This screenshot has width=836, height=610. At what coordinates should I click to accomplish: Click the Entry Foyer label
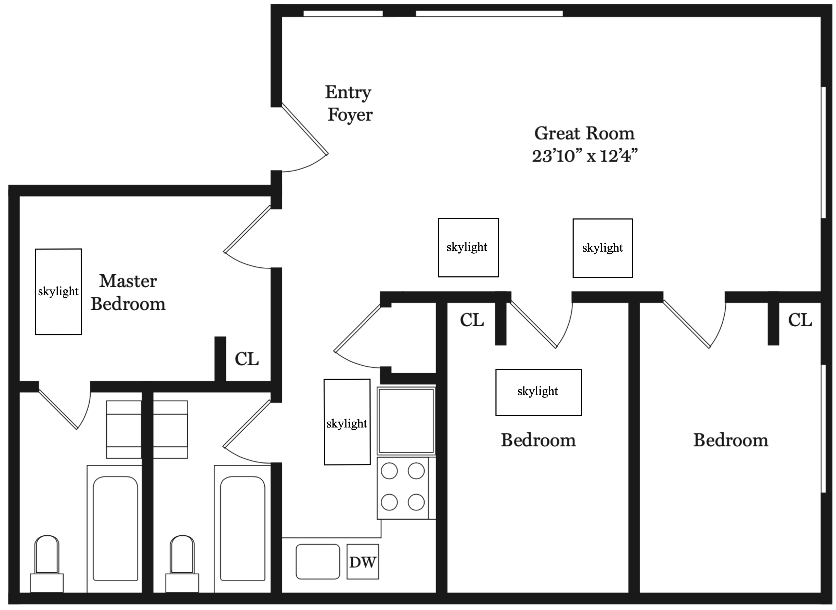coord(349,103)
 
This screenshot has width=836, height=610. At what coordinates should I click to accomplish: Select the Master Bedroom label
coord(128,292)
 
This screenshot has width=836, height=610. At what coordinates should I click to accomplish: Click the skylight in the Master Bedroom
coord(58,292)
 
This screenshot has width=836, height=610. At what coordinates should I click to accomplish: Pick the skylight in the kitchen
coord(346,422)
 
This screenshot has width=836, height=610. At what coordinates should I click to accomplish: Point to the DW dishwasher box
coord(363,562)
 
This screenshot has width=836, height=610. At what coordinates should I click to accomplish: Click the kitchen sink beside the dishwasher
coord(318,561)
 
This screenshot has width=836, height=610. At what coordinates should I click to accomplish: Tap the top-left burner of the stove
coord(389,471)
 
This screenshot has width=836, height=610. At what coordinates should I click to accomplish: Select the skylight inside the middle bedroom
coord(538,392)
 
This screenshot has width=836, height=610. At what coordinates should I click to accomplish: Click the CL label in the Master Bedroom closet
coord(247,359)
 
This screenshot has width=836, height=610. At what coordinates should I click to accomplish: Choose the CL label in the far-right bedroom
coord(800,320)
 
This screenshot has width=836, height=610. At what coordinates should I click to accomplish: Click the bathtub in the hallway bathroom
coord(242,528)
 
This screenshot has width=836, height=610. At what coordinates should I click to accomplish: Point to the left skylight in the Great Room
coord(468,247)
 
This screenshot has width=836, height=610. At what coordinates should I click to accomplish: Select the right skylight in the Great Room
coord(602,248)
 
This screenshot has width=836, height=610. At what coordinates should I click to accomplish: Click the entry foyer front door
coord(305,129)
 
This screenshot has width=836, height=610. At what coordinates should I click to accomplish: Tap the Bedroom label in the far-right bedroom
coord(730,440)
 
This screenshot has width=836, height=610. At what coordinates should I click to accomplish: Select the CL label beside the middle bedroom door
coord(472,320)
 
